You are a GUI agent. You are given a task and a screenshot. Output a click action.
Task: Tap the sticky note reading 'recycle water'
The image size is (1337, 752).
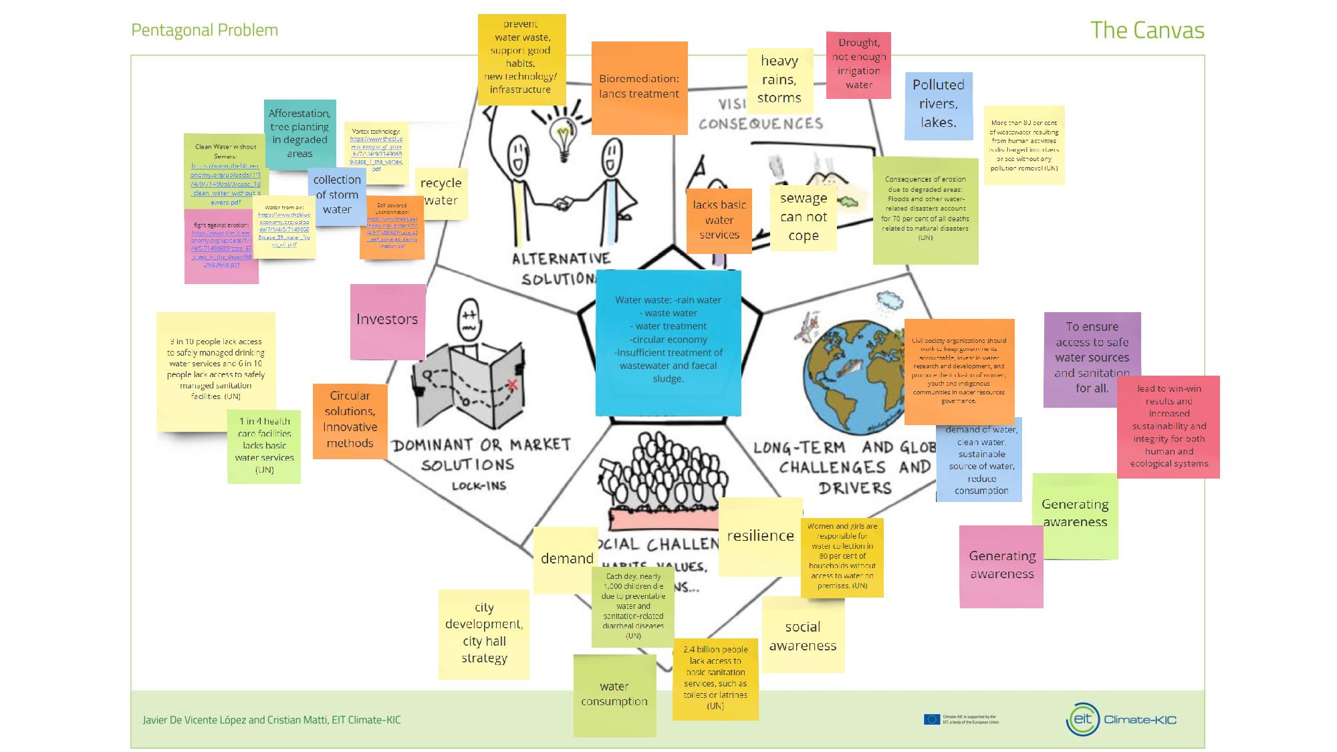(441, 193)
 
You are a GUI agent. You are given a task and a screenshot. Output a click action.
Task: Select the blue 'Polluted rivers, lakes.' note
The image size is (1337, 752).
(938, 105)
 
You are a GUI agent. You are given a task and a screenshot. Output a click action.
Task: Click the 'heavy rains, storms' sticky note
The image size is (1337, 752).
(779, 80)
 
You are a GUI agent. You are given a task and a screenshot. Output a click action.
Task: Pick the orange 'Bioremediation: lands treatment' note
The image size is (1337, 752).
(639, 87)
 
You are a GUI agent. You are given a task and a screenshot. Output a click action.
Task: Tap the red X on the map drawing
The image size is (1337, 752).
(513, 384)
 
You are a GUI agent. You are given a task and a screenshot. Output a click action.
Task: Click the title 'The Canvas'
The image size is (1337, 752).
(1146, 30)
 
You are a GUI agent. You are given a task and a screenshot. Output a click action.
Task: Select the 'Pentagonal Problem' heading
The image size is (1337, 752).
(205, 30)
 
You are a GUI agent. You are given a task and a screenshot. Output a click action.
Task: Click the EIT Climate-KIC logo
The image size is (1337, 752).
(1121, 719)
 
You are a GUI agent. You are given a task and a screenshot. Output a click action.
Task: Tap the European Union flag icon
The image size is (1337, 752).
(931, 719)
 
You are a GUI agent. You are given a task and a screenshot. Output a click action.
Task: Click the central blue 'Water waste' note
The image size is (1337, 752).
(668, 341)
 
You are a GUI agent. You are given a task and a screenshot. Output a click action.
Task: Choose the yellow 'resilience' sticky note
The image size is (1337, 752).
(760, 536)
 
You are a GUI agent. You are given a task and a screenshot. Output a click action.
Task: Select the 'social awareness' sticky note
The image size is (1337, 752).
(802, 635)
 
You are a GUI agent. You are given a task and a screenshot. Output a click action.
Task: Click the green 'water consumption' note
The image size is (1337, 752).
(614, 695)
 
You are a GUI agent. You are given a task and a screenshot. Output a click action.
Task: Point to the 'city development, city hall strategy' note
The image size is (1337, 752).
(484, 634)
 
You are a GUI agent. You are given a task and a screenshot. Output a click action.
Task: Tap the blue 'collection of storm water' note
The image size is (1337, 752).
(337, 195)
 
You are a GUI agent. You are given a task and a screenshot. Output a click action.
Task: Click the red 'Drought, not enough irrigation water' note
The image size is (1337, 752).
(858, 64)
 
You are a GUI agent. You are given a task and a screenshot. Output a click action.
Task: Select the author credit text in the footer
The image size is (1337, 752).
(271, 720)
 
